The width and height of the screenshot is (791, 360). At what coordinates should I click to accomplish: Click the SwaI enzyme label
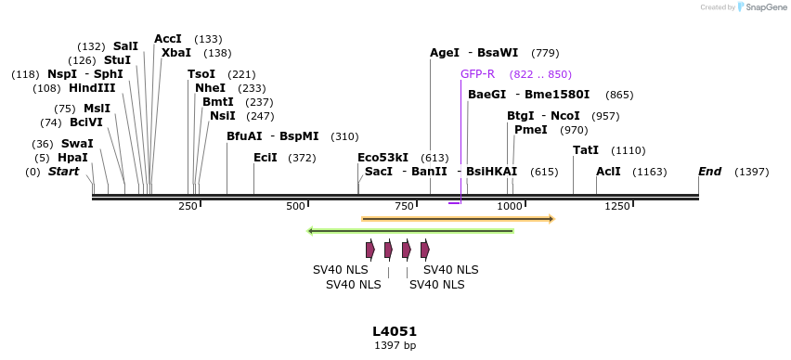77,144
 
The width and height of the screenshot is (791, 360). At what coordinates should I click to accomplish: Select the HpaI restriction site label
72,158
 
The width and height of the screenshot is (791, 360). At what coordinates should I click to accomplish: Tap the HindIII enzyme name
92,88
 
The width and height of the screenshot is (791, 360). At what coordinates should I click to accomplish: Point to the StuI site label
117,60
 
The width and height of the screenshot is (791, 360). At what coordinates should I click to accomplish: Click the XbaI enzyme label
176,53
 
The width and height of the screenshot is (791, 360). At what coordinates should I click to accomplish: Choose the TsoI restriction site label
201,74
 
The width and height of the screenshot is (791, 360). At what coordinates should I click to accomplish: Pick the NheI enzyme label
210,88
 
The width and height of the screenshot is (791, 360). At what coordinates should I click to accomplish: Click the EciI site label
266,158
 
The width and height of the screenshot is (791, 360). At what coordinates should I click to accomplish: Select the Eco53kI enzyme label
383,158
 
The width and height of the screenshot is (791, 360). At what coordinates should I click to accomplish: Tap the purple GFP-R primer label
477,74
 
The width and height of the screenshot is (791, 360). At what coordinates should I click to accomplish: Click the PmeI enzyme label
530,130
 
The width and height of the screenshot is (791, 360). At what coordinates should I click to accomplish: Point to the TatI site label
586,150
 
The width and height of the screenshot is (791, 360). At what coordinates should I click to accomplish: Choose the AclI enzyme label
608,172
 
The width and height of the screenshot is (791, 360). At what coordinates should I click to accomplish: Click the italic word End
709,172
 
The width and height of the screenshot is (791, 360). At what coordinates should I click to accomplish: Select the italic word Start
63,172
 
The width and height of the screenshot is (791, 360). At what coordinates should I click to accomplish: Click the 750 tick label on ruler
404,206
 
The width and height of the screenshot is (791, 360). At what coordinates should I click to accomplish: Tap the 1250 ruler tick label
616,206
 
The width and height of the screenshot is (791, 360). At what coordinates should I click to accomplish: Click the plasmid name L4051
395,331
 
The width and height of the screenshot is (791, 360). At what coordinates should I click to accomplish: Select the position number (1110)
629,150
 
